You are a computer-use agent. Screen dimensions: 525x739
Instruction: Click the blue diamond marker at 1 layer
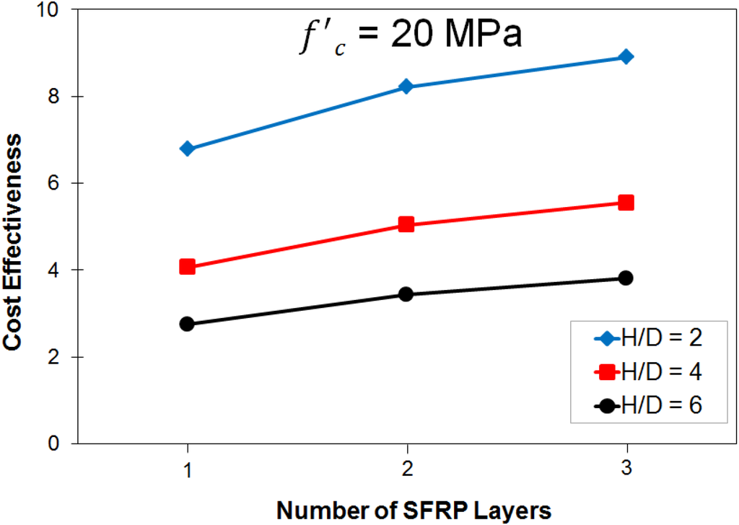[188, 149]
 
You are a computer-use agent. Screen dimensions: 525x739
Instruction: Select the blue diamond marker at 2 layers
[406, 87]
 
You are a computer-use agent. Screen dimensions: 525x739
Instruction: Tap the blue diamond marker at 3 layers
[626, 57]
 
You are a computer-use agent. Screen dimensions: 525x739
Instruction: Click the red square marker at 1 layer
[188, 267]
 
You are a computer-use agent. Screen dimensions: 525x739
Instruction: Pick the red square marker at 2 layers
[406, 224]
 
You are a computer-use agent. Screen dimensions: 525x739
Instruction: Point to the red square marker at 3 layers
[626, 203]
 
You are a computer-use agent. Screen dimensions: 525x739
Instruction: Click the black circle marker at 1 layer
[188, 324]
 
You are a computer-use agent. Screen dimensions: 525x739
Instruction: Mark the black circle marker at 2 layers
[406, 294]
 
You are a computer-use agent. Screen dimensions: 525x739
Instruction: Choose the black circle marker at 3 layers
[626, 278]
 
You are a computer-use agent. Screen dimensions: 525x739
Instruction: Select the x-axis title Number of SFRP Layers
[414, 510]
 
